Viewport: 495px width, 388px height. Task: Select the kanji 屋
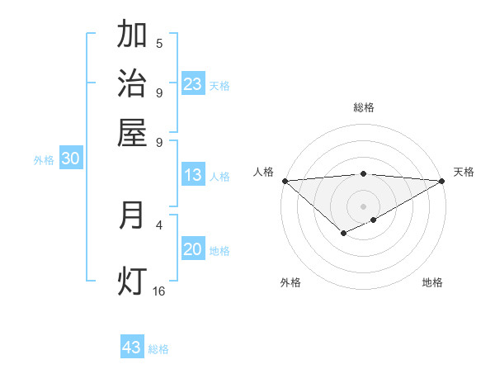point(133,132)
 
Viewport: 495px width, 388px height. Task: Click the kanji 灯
point(133,282)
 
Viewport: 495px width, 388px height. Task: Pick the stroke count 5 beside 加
point(159,44)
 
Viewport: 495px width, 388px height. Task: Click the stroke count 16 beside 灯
point(159,291)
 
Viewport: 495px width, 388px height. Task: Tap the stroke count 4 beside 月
point(159,224)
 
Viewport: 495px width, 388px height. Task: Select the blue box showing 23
point(193,84)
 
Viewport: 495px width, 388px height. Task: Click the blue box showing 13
point(193,175)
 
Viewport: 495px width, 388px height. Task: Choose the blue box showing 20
point(193,250)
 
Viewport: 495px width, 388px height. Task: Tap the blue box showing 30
point(70,160)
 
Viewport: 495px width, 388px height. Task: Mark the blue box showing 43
point(132,348)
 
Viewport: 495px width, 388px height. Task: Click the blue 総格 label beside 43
point(158,349)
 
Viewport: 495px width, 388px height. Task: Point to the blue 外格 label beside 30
point(44,161)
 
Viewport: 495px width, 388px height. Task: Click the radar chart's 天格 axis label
point(464,172)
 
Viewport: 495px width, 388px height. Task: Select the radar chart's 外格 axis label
point(290,282)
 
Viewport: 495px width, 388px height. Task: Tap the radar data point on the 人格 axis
point(285,180)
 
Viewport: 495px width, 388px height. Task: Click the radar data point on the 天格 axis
point(442,180)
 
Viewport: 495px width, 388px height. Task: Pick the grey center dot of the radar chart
point(363,206)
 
